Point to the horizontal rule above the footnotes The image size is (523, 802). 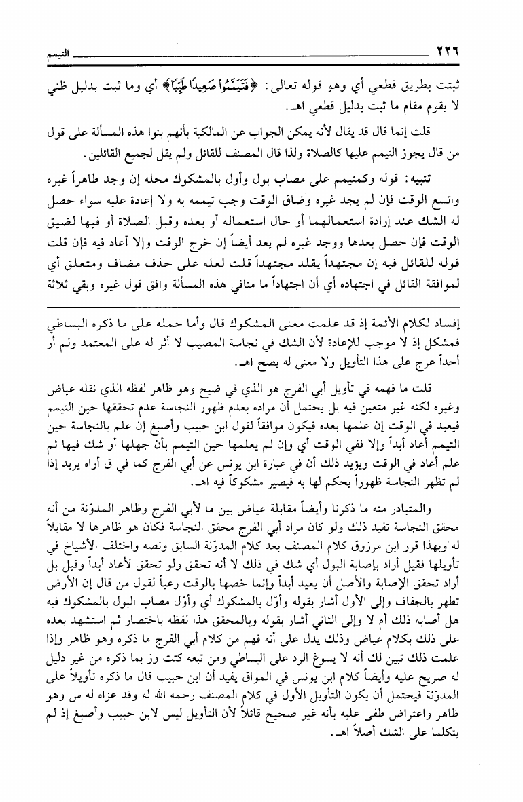click(272, 308)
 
